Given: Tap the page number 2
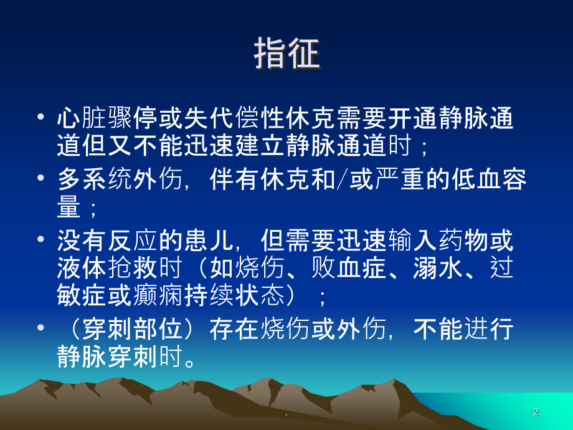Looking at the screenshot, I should tap(536, 413).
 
